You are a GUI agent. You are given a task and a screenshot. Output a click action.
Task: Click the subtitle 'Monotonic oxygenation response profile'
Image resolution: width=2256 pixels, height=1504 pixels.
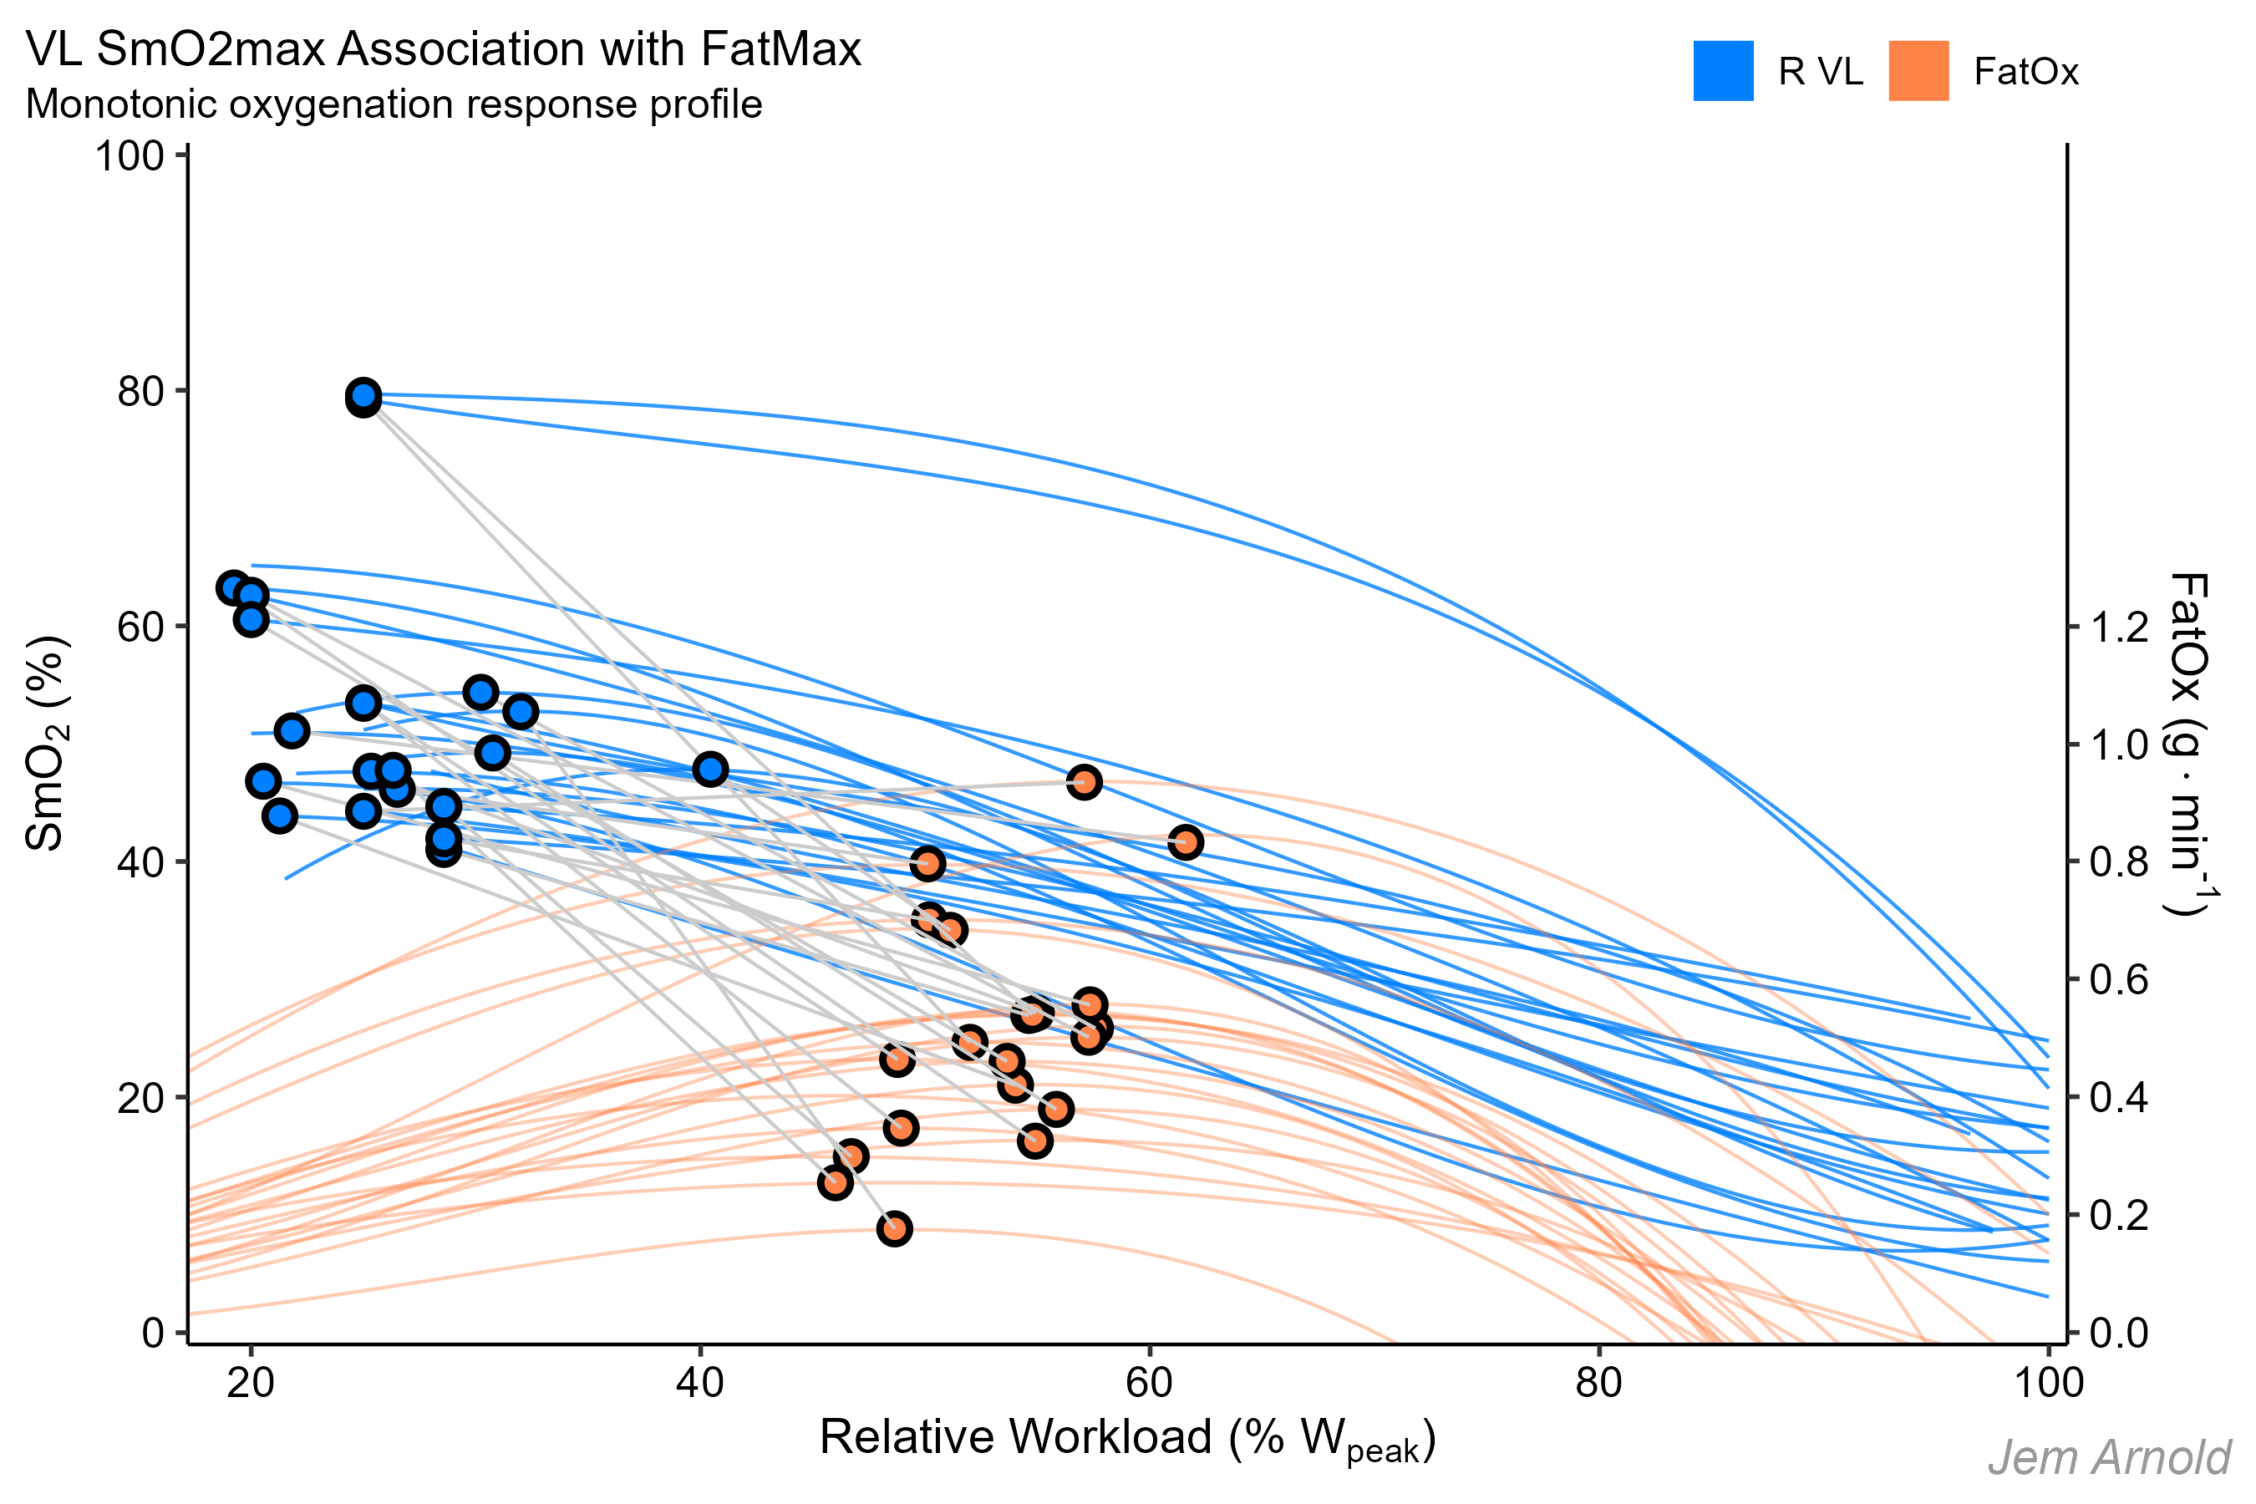tap(394, 104)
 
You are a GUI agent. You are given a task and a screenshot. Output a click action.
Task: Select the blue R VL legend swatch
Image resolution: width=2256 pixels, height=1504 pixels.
tap(1723, 71)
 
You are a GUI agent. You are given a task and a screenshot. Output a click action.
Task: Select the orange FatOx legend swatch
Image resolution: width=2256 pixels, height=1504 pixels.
tap(1918, 71)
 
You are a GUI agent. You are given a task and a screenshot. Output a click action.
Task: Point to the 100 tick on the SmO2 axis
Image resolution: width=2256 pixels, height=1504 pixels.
tap(130, 155)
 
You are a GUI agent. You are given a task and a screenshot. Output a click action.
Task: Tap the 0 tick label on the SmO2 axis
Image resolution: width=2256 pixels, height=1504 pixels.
tap(154, 1333)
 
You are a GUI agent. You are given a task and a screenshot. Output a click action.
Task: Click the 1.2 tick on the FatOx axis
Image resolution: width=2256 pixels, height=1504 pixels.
tap(2119, 628)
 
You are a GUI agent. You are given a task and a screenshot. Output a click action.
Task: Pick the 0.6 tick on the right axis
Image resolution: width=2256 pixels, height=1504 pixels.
tap(2119, 979)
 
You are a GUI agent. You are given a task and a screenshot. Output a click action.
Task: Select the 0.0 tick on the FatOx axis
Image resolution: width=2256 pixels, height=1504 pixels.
tap(2119, 1333)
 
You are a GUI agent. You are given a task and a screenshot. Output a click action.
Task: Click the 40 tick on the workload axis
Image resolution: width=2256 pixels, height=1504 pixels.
tap(700, 1383)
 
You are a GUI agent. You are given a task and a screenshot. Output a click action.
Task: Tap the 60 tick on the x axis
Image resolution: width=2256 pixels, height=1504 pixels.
tap(1149, 1383)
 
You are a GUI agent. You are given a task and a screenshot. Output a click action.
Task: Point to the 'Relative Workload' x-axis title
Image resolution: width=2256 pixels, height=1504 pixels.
tap(1127, 1439)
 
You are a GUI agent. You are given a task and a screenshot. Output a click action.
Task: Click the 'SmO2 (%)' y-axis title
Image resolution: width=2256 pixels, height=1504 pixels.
tap(46, 744)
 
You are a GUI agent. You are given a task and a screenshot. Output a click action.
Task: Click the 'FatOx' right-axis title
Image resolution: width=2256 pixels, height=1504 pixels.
tap(2190, 744)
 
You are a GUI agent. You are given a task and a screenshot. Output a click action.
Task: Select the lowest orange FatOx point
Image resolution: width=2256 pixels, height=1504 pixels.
tap(894, 1229)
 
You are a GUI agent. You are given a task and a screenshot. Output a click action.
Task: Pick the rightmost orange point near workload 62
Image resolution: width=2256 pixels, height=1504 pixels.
tap(1186, 842)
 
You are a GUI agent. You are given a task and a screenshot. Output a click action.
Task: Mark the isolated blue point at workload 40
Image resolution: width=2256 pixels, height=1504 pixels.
tap(709, 770)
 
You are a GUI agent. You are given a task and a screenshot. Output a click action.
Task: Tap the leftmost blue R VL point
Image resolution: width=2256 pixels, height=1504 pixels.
tap(234, 588)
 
